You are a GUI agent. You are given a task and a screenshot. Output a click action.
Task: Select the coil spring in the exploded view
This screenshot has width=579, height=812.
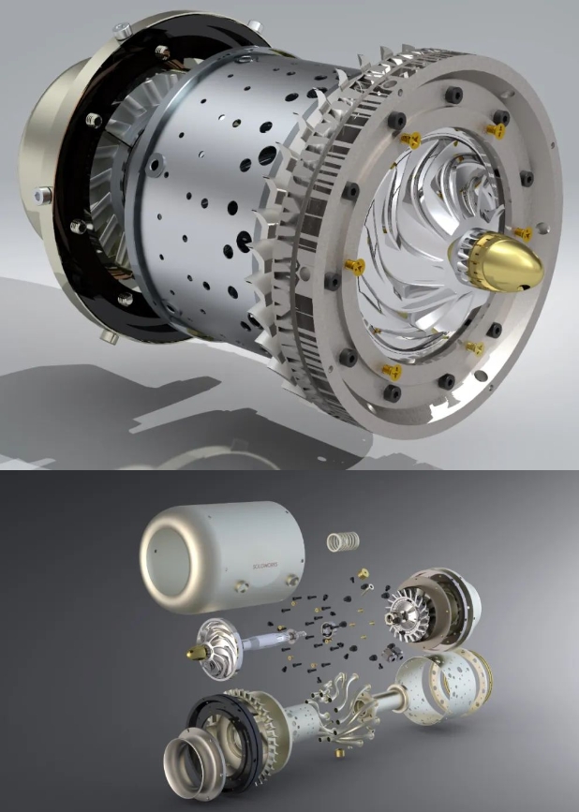click(x=341, y=540)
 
